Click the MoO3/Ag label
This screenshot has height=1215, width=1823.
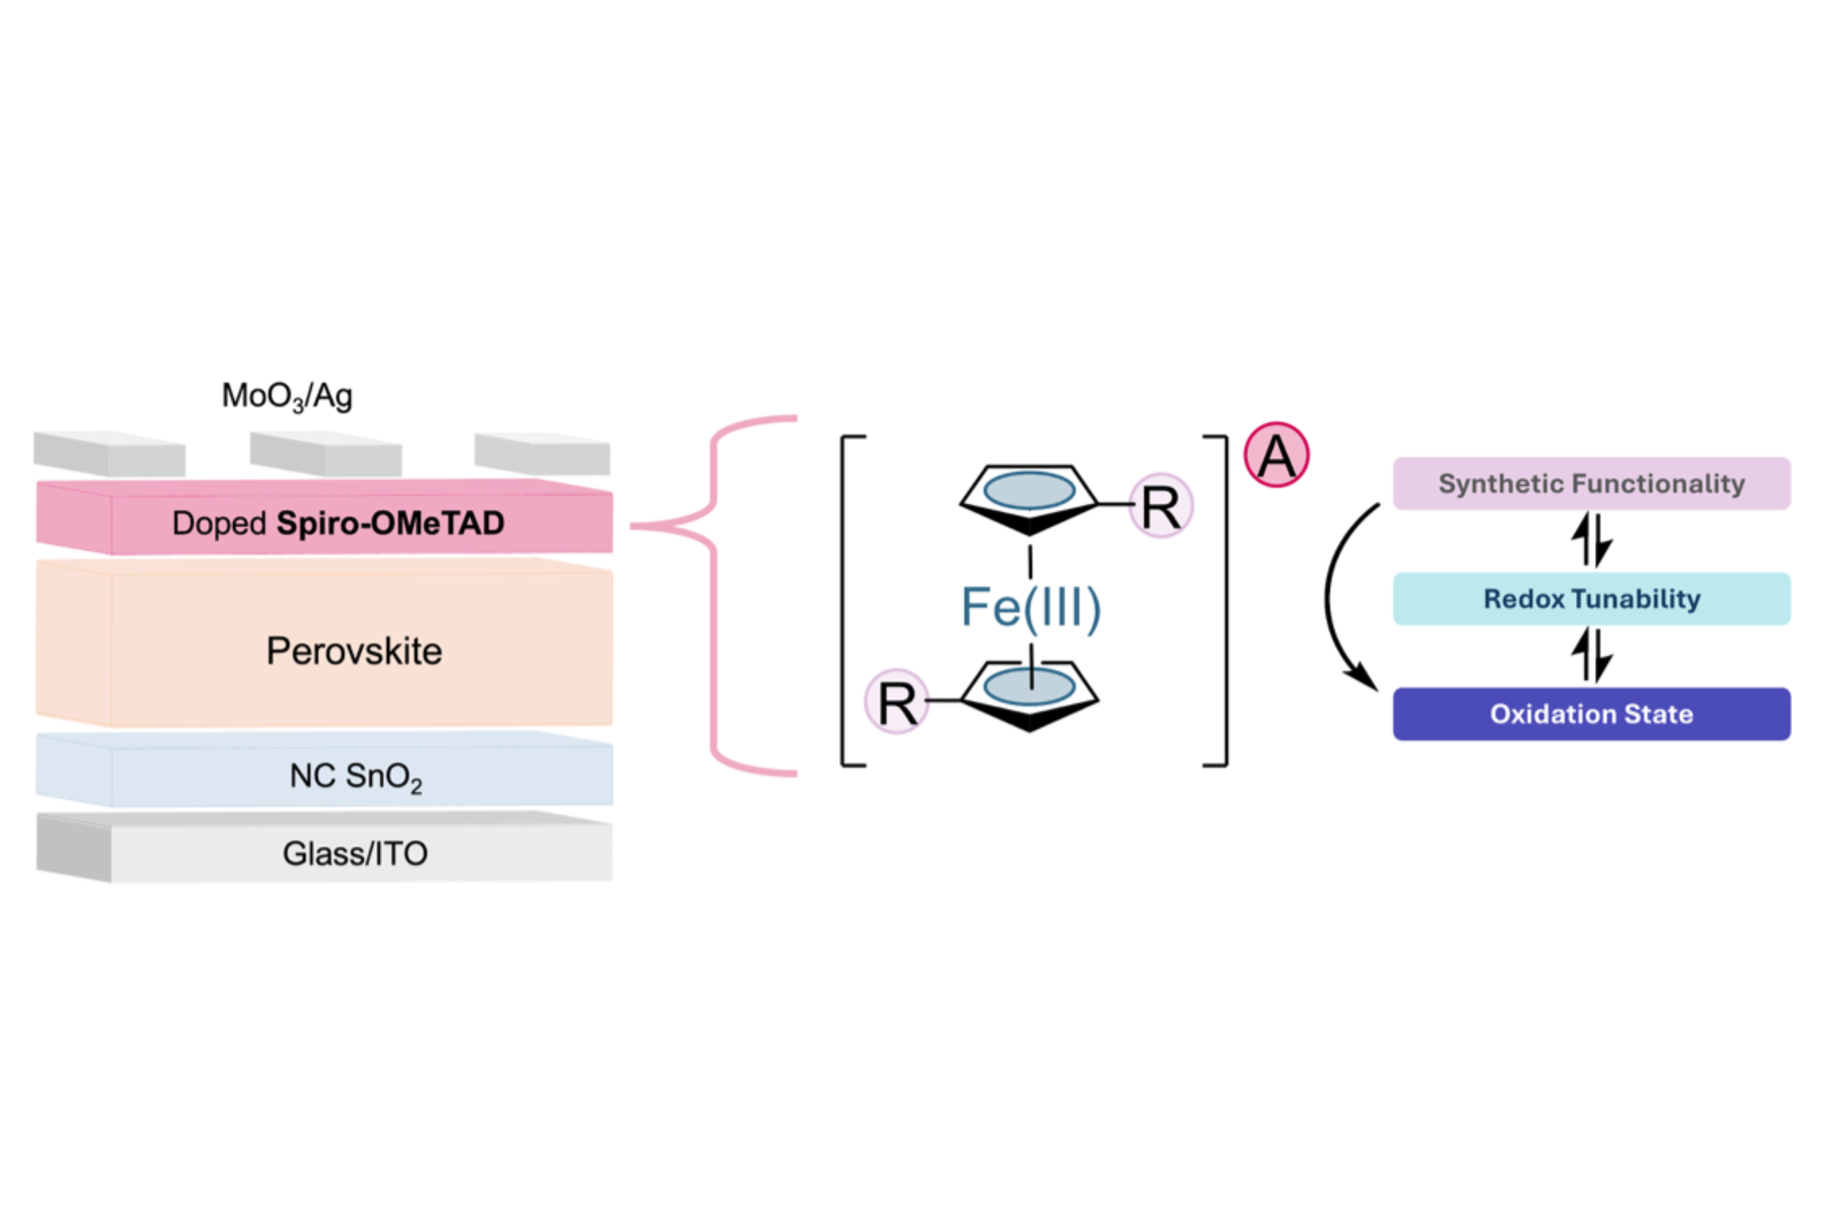[287, 396]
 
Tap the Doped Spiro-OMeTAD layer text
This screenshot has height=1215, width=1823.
[338, 523]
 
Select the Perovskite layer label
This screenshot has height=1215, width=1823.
[354, 650]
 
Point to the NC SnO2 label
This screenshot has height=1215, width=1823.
[355, 776]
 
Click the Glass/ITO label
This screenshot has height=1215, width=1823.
[355, 853]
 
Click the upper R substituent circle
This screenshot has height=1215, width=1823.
[1160, 506]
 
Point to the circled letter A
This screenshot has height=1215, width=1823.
[1277, 455]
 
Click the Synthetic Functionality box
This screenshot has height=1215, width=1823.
[1591, 484]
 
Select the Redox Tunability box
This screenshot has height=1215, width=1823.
[1591, 598]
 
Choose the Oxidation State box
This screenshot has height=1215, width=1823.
[1591, 714]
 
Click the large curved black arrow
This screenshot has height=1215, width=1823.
[1331, 597]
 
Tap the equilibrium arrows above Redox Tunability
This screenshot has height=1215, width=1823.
[1591, 540]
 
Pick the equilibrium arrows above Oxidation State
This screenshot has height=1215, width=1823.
[1591, 655]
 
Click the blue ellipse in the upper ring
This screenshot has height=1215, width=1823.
[1029, 490]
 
